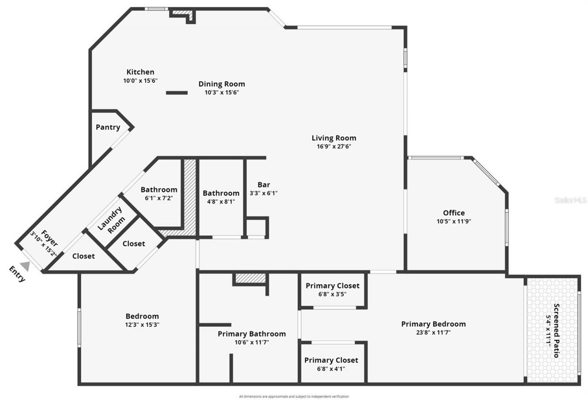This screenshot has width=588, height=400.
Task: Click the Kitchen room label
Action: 140,72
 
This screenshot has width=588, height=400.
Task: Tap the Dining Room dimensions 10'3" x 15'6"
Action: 221,92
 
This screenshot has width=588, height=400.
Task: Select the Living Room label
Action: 334,138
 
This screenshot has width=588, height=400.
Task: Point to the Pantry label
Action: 108,127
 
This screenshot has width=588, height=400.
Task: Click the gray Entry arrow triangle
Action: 25,266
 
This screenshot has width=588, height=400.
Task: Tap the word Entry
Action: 17,274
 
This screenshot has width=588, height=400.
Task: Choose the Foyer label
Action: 50,235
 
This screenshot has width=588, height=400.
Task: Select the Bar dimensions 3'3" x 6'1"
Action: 263,194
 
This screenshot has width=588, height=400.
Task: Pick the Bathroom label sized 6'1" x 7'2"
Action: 159,190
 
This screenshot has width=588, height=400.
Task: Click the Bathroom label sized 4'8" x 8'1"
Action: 221,193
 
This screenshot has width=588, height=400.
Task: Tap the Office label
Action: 453,213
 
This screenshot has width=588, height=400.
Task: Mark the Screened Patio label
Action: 556,331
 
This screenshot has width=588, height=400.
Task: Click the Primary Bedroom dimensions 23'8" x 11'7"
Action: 433,332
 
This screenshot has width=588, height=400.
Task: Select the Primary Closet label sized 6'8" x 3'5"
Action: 333,286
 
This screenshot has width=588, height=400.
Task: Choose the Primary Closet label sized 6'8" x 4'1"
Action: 331,360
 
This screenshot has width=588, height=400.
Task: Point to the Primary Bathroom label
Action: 251,334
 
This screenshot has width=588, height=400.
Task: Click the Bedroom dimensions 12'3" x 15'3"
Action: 142,325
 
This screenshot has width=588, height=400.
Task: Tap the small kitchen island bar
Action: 176,93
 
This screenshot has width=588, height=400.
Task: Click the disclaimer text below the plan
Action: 294,396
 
